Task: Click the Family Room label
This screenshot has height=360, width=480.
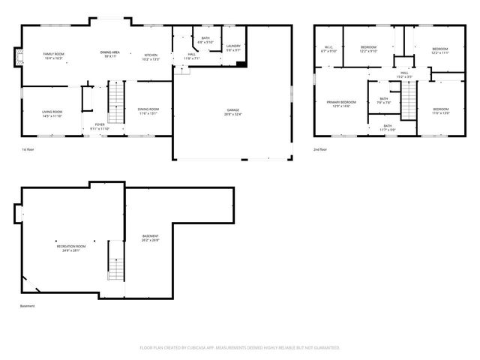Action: (53, 56)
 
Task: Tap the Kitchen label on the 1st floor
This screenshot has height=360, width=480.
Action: (151, 57)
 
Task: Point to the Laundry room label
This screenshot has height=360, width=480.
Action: (233, 48)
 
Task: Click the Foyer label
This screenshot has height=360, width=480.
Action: (100, 127)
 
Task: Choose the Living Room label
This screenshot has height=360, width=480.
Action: (52, 113)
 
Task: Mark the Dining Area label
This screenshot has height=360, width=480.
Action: (111, 54)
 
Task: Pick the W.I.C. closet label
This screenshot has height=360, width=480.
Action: (328, 49)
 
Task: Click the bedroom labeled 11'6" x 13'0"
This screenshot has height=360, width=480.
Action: (440, 112)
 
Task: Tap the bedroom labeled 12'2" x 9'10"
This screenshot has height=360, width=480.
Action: (367, 49)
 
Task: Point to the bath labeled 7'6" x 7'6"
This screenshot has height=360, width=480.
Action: (383, 101)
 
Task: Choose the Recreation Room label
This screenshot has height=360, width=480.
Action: (70, 248)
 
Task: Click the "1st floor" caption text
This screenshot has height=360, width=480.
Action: (28, 150)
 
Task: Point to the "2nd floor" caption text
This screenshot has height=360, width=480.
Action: (321, 150)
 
